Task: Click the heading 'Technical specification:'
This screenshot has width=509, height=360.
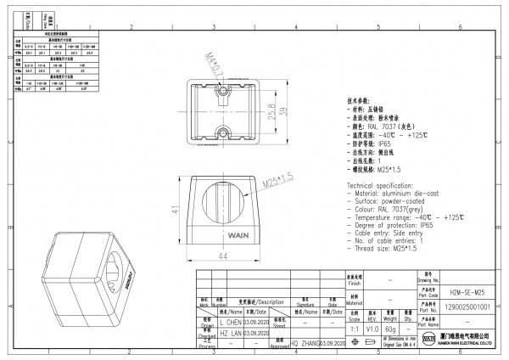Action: [389, 184]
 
